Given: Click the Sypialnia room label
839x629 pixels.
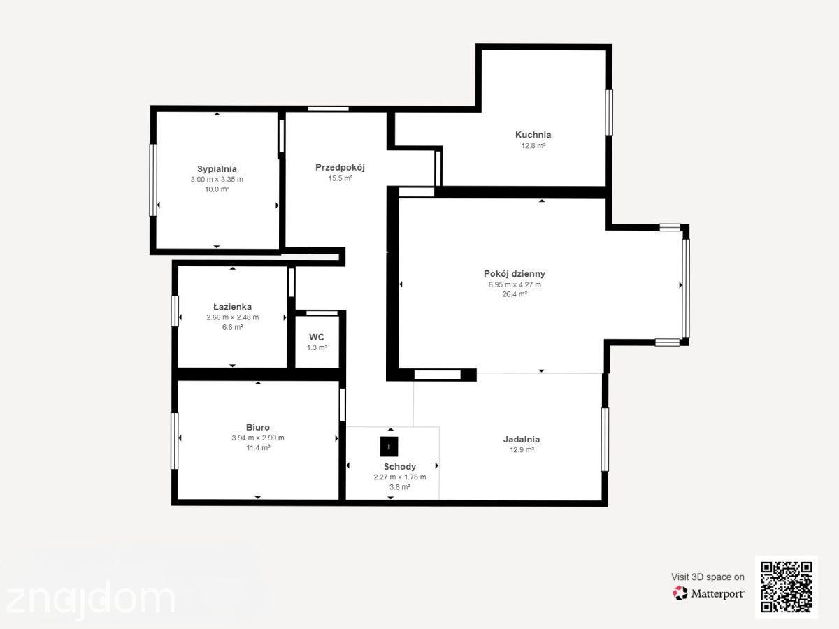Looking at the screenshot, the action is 217,169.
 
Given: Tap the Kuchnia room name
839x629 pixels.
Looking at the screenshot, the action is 533,135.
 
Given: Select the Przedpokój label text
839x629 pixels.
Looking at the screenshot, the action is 340,168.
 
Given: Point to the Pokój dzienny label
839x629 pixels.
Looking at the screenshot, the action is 515,274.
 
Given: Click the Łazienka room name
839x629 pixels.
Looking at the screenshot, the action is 232,307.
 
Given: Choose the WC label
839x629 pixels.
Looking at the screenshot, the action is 317,338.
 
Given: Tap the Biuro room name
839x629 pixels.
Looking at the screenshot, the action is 257,427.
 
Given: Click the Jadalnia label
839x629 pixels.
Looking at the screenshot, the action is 522,440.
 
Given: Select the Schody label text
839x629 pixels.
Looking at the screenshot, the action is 400,467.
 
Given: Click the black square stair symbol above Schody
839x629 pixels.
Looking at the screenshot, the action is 389,447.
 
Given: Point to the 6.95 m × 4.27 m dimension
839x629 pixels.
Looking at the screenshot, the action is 515,285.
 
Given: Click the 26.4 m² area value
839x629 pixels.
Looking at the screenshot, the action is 515,294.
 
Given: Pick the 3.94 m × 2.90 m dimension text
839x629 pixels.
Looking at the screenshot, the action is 257,438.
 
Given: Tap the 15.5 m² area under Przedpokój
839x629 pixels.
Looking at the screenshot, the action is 340,178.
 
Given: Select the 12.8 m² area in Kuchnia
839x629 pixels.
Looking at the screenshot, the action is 533,146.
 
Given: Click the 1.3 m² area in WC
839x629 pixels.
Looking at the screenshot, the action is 317,348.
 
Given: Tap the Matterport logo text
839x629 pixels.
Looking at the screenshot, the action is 717,594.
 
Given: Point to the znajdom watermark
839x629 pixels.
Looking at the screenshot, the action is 91,599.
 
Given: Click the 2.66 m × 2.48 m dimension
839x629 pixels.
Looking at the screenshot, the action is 232,317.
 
